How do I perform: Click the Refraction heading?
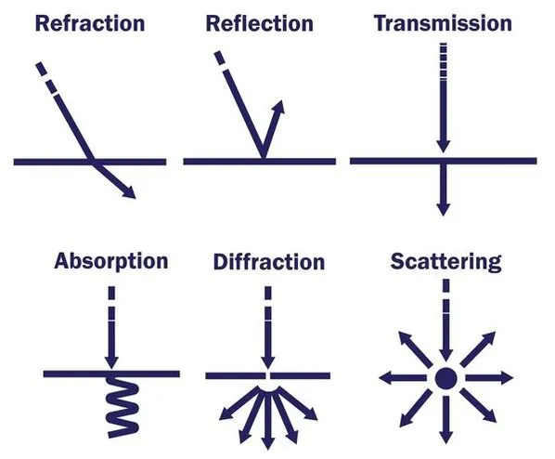click(90, 24)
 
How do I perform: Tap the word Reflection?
click(260, 24)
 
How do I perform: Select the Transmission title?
click(443, 23)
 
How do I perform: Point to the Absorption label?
click(111, 262)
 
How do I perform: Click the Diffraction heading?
click(269, 262)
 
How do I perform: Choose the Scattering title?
click(446, 262)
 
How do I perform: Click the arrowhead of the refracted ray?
click(130, 193)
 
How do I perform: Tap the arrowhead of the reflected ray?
click(277, 107)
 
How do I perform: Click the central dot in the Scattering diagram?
click(445, 378)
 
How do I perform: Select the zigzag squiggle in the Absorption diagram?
click(123, 406)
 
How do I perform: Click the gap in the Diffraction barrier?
click(268, 375)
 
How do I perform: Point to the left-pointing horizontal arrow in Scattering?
click(403, 378)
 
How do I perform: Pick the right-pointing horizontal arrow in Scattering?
click(489, 378)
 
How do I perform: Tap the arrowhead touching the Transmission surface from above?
click(443, 147)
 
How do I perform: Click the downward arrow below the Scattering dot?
click(446, 420)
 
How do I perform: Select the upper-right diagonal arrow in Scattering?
click(478, 348)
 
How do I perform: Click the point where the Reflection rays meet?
click(263, 157)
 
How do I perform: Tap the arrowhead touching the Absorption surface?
click(111, 363)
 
